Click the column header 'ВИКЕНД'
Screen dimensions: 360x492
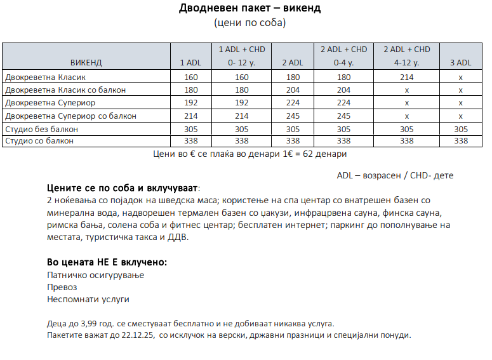(86, 63)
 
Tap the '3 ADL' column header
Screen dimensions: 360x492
(460, 63)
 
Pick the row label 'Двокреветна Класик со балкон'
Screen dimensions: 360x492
(65, 90)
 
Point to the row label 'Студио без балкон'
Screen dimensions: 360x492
(41, 130)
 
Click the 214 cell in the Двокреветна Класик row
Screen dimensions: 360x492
(406, 77)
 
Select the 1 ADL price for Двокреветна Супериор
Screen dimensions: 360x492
(190, 103)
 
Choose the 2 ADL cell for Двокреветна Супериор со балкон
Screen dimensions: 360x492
(293, 116)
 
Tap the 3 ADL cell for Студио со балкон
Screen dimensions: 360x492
(460, 141)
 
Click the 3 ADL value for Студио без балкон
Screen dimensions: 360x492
(460, 130)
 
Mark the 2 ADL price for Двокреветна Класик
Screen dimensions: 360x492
(293, 77)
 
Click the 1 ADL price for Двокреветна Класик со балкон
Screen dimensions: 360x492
(190, 90)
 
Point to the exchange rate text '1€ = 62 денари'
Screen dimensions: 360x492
(316, 154)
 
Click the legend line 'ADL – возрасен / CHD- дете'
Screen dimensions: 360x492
(395, 175)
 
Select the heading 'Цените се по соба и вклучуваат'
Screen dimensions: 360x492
(123, 189)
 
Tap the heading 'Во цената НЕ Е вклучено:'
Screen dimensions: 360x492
(107, 262)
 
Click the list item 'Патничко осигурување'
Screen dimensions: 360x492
(96, 275)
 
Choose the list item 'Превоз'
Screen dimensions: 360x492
(62, 287)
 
